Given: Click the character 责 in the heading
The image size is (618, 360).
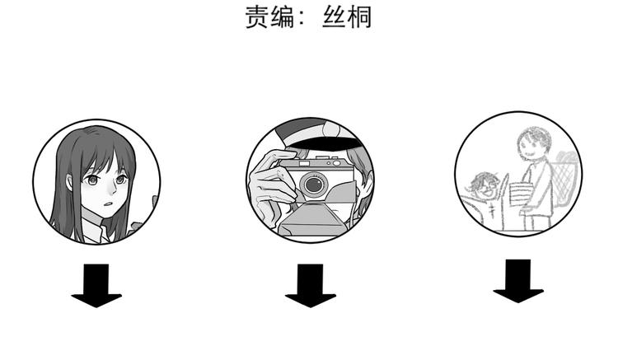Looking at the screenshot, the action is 257,17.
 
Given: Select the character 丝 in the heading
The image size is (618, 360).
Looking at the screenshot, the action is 335,17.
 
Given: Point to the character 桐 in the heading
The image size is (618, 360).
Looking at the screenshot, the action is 359,17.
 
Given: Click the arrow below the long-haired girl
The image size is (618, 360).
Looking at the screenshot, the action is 96,286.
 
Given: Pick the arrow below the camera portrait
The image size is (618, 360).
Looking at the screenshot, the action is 311,286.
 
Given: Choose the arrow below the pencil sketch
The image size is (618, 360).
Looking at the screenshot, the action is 518,281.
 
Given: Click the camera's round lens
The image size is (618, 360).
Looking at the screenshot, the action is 314,184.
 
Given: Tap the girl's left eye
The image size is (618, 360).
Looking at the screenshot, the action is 92,180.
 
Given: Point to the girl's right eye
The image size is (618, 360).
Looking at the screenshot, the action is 120,180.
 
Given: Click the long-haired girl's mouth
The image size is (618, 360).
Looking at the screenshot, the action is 109,204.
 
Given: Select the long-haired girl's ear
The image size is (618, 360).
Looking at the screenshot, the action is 70,182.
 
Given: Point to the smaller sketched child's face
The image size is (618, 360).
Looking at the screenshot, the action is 482,188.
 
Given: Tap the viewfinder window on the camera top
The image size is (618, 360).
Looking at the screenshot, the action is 304,163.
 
